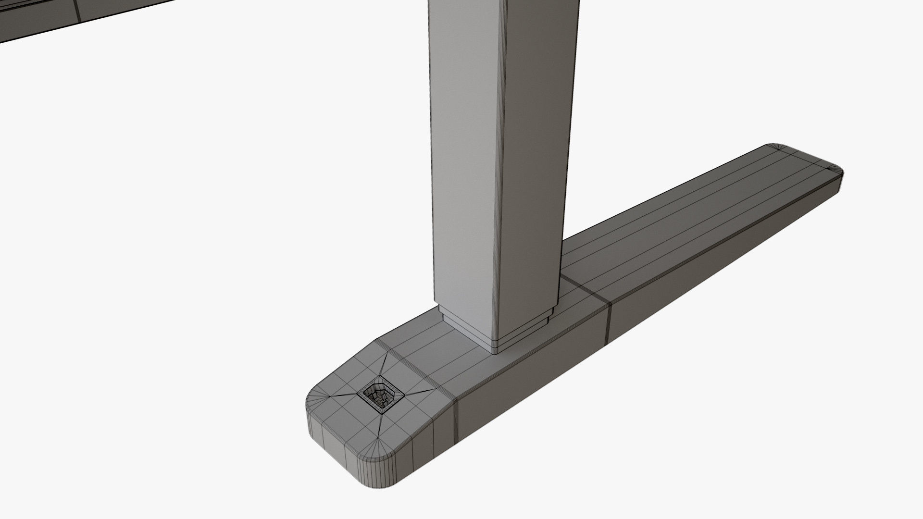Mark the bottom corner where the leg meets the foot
point(496,353)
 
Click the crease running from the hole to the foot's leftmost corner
point(337,395)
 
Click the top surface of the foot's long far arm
point(697,216)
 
